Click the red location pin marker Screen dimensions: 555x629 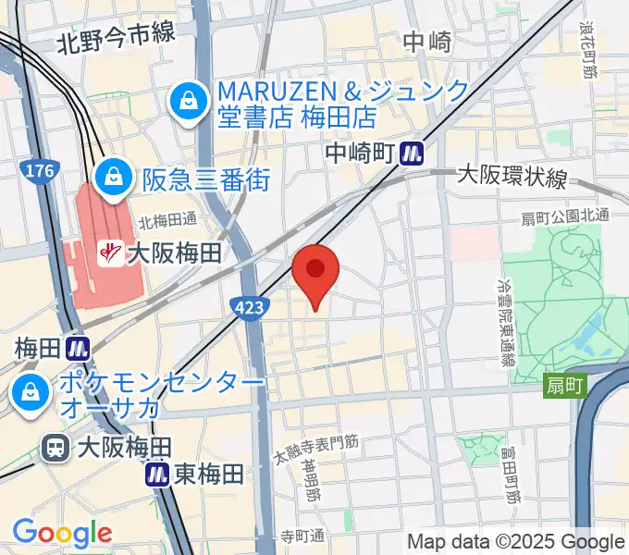tap(315, 270)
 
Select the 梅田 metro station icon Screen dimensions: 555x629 tap(77, 349)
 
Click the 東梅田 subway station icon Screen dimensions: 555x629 tap(158, 475)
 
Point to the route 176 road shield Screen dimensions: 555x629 tap(41, 171)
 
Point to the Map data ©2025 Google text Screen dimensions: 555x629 tap(516, 541)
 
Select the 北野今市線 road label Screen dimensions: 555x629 tap(116, 37)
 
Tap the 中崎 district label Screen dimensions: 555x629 tap(427, 42)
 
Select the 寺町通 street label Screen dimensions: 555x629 tap(303, 536)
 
